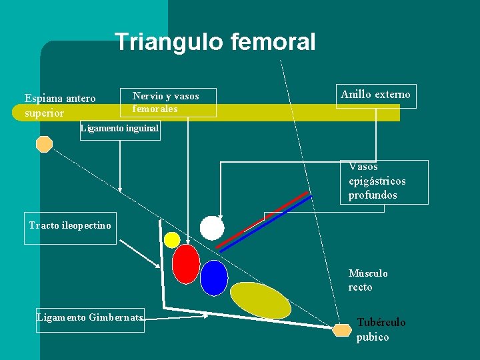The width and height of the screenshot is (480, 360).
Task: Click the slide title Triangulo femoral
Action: [x=215, y=43]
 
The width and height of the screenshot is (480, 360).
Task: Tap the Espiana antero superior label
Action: [x=60, y=105]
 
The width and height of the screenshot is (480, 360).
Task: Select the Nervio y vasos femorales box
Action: [x=168, y=102]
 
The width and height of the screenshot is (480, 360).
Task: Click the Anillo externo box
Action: [x=375, y=95]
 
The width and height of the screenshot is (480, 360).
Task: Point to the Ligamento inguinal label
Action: [x=119, y=129]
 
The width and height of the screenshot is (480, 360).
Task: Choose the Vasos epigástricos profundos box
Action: [x=384, y=181]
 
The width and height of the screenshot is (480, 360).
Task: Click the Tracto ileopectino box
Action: [x=70, y=226]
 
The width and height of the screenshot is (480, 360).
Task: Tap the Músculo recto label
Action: [x=367, y=280]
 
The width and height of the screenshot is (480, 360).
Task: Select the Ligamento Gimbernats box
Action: [x=90, y=318]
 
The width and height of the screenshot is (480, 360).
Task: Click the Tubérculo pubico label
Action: [x=381, y=329]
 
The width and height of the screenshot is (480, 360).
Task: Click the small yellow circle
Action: [x=172, y=240]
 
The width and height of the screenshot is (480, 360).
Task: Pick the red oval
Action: [x=186, y=264]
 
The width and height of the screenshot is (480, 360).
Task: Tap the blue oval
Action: [x=214, y=277]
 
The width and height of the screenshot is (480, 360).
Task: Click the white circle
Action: [x=212, y=228]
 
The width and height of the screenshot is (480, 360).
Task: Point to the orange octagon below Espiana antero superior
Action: [x=44, y=144]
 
